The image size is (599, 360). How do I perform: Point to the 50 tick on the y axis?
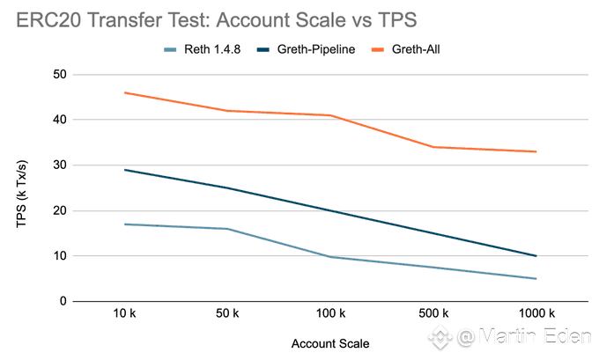click(60, 74)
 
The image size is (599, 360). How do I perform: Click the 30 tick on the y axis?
click(60, 165)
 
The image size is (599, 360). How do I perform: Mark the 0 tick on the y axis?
click(63, 301)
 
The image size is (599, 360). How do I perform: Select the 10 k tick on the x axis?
click(125, 314)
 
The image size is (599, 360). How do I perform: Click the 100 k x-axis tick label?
click(330, 314)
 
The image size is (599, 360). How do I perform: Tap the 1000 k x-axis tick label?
click(536, 314)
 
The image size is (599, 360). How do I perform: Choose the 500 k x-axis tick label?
click(433, 314)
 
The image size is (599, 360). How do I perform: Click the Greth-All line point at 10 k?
click(125, 92)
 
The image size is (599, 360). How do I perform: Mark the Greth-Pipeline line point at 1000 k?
click(536, 256)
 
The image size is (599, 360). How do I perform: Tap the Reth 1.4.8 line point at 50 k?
click(227, 229)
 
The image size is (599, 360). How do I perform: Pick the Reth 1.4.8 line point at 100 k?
click(330, 257)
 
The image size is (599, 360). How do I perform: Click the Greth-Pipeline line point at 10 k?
click(125, 170)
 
